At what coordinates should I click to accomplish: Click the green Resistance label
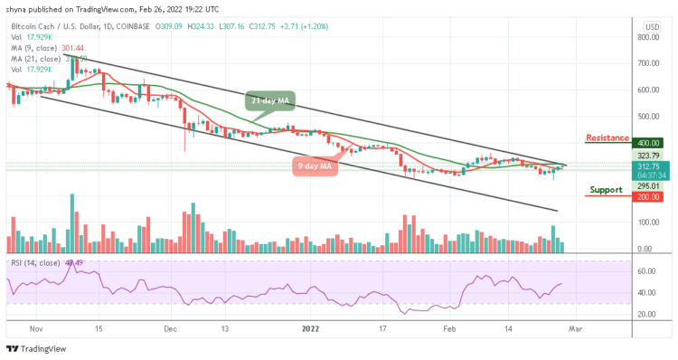click(x=607, y=137)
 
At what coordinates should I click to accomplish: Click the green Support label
click(x=606, y=191)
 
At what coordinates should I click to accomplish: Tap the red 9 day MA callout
click(x=313, y=166)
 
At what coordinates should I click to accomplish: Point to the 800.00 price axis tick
click(x=647, y=38)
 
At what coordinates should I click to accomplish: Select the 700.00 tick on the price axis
click(x=647, y=64)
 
